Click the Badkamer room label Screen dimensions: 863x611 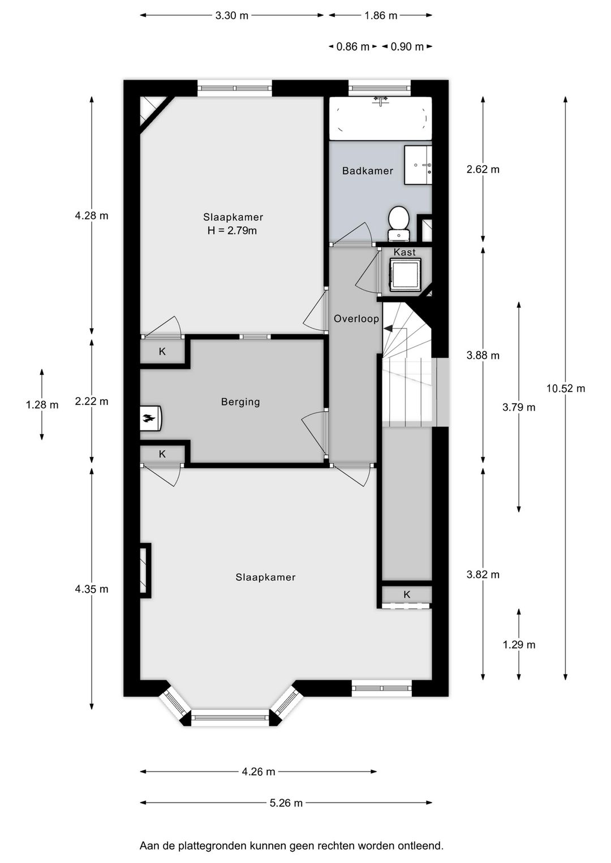pyautogui.click(x=367, y=171)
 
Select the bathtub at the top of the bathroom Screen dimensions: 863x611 pyautogui.click(x=380, y=118)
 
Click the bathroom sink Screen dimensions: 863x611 pyautogui.click(x=418, y=165)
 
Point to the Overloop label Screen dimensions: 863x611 pyautogui.click(x=356, y=319)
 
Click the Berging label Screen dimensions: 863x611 pyautogui.click(x=240, y=402)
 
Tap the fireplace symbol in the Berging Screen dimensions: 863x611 pyautogui.click(x=150, y=418)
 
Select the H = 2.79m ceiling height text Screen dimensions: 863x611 pyautogui.click(x=232, y=231)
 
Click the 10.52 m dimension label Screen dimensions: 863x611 pyautogui.click(x=565, y=389)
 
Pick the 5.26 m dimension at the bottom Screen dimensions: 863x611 pyautogui.click(x=286, y=803)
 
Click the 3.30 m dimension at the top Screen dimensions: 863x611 pyautogui.click(x=231, y=16)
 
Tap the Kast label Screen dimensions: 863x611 pyautogui.click(x=405, y=252)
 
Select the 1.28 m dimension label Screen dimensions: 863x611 pyautogui.click(x=42, y=405)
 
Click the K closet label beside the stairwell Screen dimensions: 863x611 pyautogui.click(x=407, y=594)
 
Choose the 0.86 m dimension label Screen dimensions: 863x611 pyautogui.click(x=352, y=47)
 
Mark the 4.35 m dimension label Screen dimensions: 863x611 pyautogui.click(x=92, y=589)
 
